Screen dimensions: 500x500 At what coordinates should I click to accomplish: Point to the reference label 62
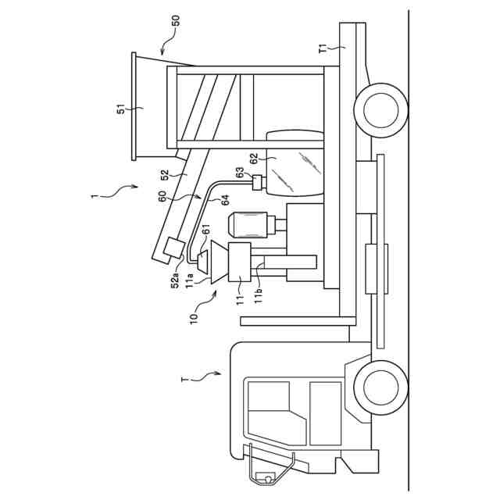(x=253, y=159)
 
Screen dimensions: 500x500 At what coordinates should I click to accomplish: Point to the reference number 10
(x=194, y=317)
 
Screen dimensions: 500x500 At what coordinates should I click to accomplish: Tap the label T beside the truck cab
(x=184, y=380)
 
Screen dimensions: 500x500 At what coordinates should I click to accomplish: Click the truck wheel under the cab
(x=380, y=387)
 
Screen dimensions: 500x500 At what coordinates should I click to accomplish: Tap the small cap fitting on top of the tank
(x=256, y=183)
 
